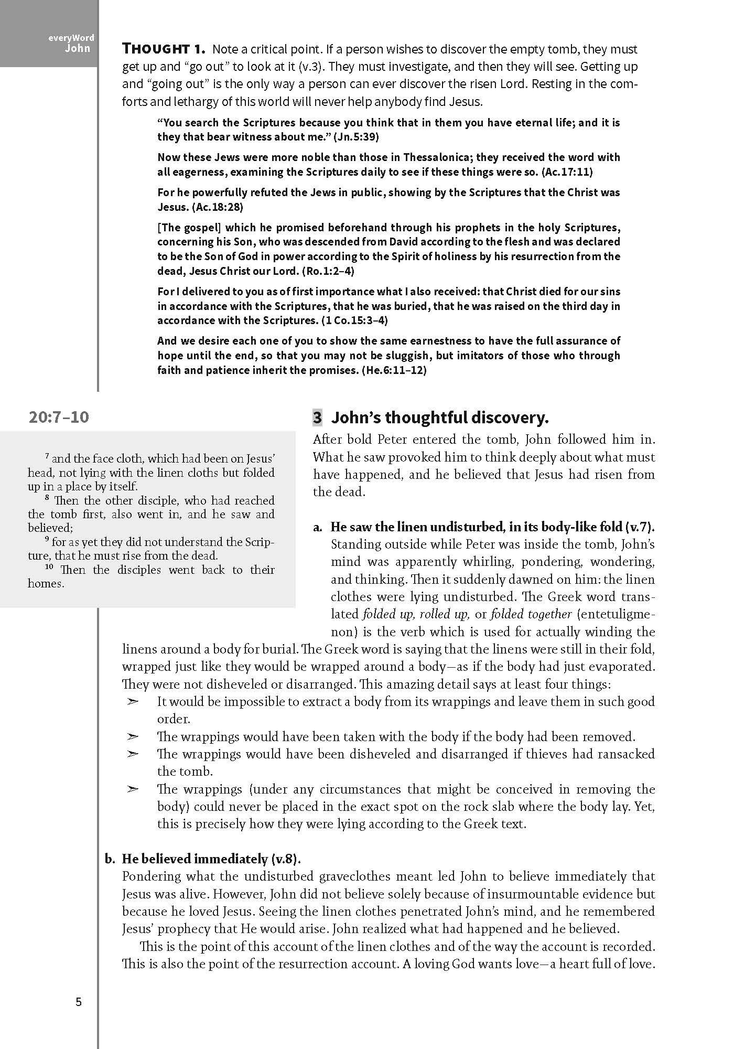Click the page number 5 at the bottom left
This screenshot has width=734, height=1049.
(79, 1002)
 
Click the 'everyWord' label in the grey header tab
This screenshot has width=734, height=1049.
(72, 38)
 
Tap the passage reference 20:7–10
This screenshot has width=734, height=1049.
(59, 418)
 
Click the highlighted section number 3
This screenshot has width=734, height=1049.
(317, 418)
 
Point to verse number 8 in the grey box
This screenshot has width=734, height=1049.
(47, 498)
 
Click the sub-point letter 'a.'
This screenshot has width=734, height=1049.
(318, 527)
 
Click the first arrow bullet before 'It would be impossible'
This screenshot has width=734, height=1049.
(133, 702)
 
